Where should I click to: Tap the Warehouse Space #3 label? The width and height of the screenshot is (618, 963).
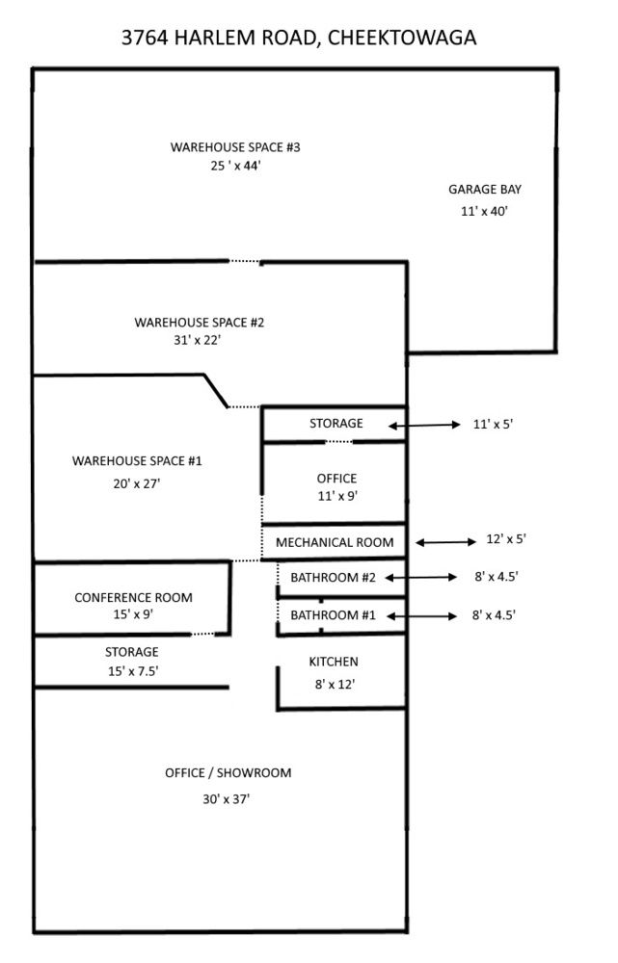click(236, 147)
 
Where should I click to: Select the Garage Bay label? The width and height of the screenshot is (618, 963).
click(485, 190)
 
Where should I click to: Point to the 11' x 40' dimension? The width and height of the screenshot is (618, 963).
click(485, 211)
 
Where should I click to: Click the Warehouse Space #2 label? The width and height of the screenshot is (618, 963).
click(200, 322)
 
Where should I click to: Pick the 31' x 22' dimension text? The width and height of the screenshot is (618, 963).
click(200, 340)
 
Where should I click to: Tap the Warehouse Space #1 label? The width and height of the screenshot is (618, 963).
click(137, 461)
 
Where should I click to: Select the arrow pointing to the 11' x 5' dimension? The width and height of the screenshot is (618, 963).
click(424, 425)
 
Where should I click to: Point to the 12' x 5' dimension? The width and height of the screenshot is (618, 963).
click(506, 540)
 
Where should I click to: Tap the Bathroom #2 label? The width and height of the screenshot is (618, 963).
click(333, 578)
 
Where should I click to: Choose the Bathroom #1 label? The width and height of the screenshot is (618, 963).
click(333, 614)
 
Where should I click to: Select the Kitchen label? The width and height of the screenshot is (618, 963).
click(334, 662)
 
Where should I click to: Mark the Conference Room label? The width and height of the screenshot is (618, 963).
click(133, 598)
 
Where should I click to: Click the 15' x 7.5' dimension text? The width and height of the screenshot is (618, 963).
click(132, 671)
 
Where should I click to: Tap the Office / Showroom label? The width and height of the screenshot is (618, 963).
click(228, 773)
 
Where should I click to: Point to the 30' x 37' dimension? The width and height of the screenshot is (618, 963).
click(228, 799)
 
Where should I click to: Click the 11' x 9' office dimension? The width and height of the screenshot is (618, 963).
click(336, 496)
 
